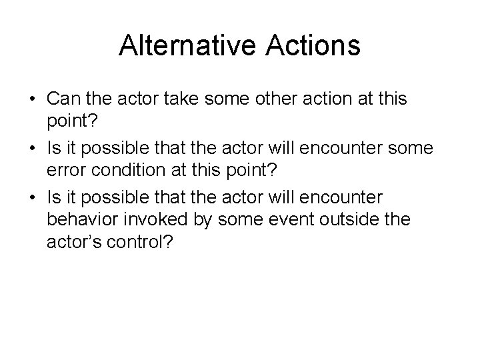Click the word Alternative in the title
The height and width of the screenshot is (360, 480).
[183, 46]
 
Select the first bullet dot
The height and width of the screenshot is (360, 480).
[32, 99]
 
